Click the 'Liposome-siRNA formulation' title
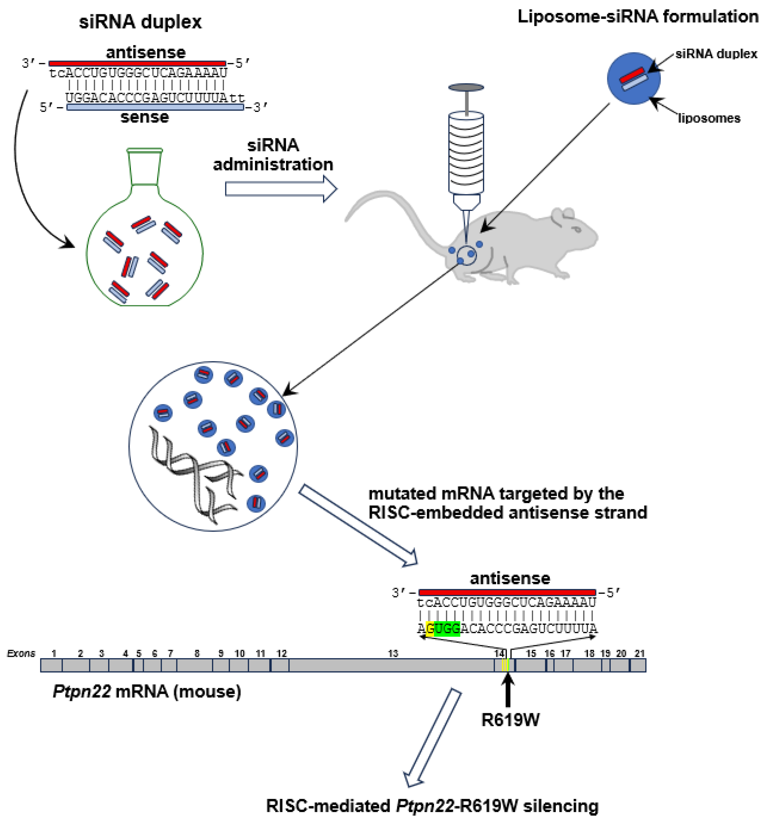pyautogui.click(x=638, y=16)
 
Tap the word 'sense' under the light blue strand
pyautogui.click(x=145, y=117)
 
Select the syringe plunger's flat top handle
pyautogui.click(x=466, y=87)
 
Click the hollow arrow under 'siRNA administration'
pyautogui.click(x=281, y=189)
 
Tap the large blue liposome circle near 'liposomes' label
pyautogui.click(x=633, y=78)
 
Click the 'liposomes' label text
pyautogui.click(x=708, y=118)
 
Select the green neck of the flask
pyautogui.click(x=144, y=167)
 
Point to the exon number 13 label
pyautogui.click(x=393, y=653)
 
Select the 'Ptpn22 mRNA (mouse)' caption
pyautogui.click(x=147, y=691)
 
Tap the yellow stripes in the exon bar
pyautogui.click(x=505, y=665)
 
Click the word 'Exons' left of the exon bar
pyautogui.click(x=21, y=653)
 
